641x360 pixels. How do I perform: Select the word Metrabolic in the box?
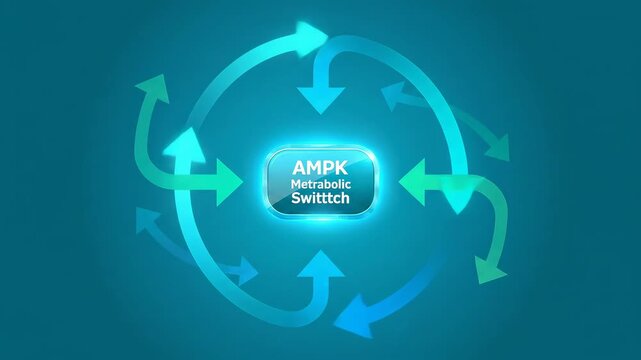(321, 184)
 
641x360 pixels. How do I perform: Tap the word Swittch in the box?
(321, 199)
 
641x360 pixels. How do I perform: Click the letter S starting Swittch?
(297, 199)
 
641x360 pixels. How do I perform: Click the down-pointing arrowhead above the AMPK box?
(320, 99)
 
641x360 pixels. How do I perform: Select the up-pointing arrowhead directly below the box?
(321, 265)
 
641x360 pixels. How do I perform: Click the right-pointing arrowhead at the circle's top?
(314, 37)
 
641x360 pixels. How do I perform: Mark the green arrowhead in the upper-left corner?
(152, 87)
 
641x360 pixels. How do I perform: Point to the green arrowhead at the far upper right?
(496, 148)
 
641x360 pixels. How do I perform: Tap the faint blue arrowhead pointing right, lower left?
(246, 269)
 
